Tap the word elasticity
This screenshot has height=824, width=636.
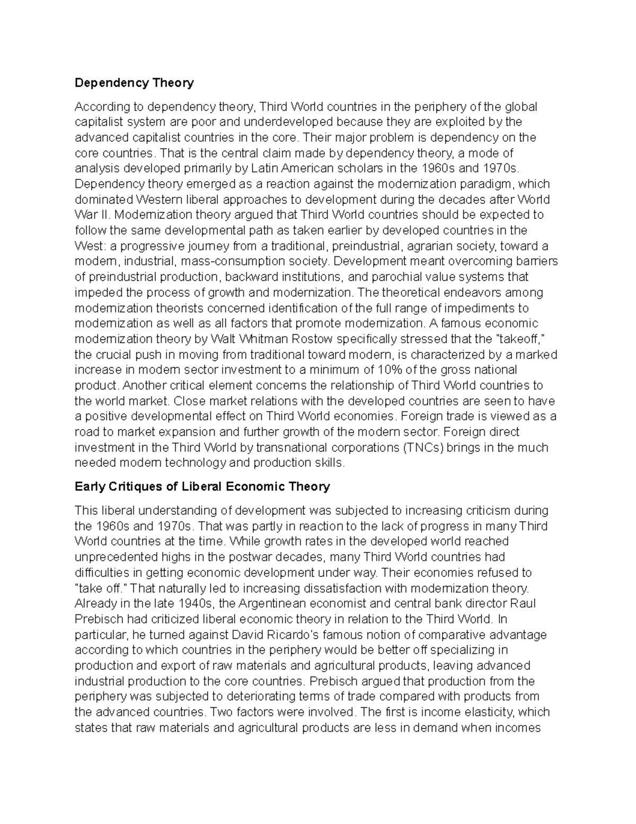[484, 712]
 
